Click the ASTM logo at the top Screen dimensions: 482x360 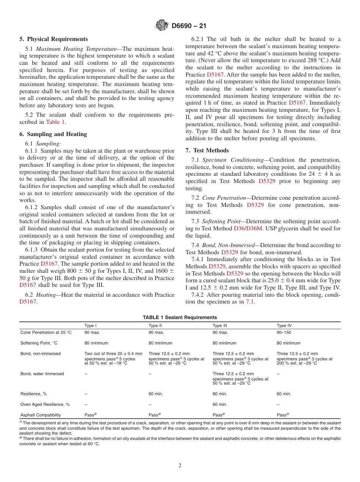pos(162,26)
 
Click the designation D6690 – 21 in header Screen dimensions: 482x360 pos(189,26)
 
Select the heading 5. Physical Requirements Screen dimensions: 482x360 pos(53,39)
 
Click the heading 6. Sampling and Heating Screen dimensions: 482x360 pos(53,134)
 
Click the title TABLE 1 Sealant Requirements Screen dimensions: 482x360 pos(180,318)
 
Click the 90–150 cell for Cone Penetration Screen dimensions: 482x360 pos(284,332)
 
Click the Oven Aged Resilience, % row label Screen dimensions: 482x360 pos(45,404)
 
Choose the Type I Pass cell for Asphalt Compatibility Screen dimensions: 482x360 pos(91,415)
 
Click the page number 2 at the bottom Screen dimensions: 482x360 pos(180,465)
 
